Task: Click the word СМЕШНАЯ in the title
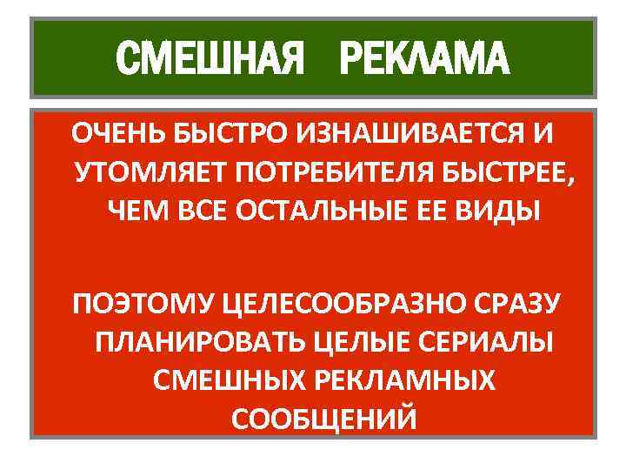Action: pyautogui.click(x=210, y=59)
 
